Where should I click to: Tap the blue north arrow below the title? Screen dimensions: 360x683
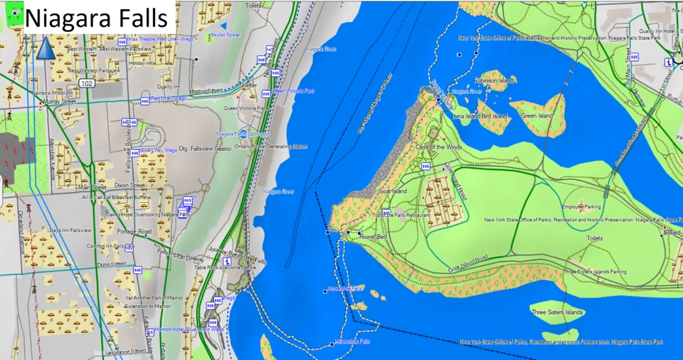45,48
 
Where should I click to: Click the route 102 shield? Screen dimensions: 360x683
86,83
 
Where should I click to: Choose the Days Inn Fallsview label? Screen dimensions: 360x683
70,231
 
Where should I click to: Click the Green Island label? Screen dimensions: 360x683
536,115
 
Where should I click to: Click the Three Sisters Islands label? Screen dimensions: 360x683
557,312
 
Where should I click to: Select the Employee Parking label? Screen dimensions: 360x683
581,207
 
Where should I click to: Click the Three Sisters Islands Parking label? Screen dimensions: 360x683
595,271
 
